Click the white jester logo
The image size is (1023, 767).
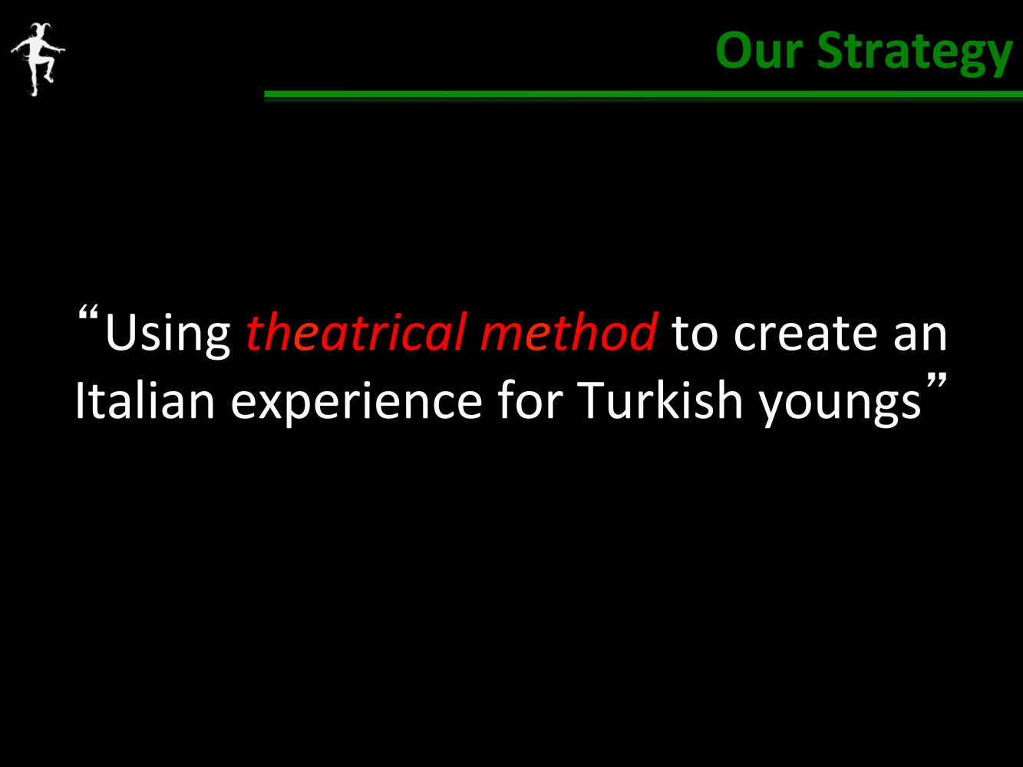click(38, 59)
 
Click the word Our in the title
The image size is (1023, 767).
click(759, 51)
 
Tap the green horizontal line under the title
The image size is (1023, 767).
click(643, 94)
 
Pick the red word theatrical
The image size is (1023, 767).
click(357, 331)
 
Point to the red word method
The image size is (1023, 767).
click(569, 331)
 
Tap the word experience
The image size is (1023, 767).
click(357, 403)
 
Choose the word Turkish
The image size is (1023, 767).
click(661, 399)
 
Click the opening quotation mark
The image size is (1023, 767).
click(88, 312)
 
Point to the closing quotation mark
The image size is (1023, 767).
click(936, 380)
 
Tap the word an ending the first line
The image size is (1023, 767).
click(920, 334)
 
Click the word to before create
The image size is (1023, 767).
click(695, 334)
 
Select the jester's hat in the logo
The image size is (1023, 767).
click(40, 29)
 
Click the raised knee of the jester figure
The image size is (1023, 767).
click(51, 60)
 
